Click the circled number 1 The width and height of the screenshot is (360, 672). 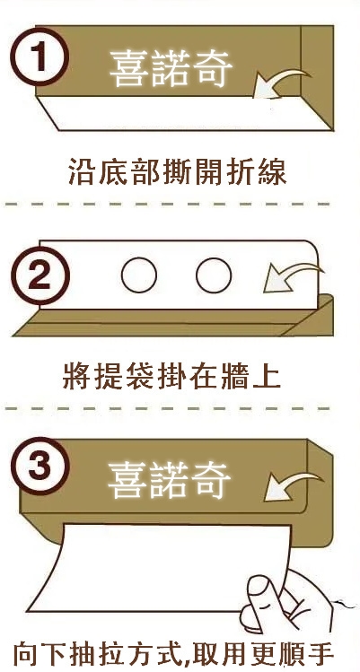point(40,57)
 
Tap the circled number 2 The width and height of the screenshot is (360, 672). point(40,275)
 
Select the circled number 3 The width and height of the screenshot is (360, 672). point(40,467)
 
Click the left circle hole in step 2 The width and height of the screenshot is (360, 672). point(139,275)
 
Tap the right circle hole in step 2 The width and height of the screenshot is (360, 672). point(214,275)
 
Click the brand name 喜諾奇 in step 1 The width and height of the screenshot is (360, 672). point(171,68)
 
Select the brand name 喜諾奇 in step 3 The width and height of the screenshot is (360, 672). point(169,480)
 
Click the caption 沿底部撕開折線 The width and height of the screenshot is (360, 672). point(177,171)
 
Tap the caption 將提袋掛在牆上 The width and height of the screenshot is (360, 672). point(171,376)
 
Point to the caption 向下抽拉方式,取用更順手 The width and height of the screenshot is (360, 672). point(173,654)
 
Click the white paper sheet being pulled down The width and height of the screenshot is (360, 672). point(159,566)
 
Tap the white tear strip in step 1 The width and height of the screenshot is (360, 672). point(185,113)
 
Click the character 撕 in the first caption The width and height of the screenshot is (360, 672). point(177,171)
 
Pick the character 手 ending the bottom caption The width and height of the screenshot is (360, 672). point(320,654)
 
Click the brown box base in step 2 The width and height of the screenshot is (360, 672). point(171,321)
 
